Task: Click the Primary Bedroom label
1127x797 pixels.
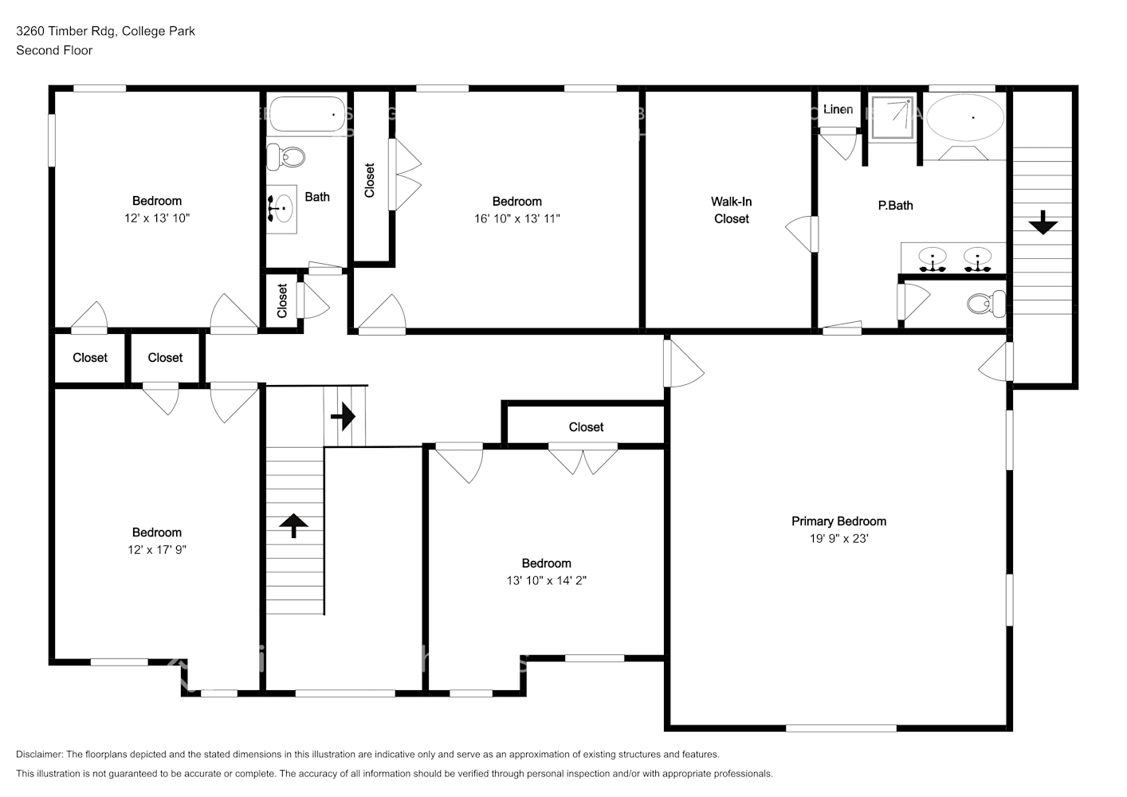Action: pyautogui.click(x=838, y=521)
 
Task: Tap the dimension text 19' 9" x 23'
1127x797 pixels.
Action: pyautogui.click(x=838, y=539)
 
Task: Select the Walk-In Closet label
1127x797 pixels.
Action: pyautogui.click(x=731, y=210)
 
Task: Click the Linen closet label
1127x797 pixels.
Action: pyautogui.click(x=838, y=109)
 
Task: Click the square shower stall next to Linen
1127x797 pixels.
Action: pyautogui.click(x=892, y=118)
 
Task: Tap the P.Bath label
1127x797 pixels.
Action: pyautogui.click(x=895, y=206)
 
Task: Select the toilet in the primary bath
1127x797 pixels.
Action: pyautogui.click(x=986, y=303)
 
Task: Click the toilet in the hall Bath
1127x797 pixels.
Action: pyautogui.click(x=287, y=156)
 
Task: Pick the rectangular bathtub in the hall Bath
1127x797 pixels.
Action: pyautogui.click(x=307, y=115)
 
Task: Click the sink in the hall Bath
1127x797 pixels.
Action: pyautogui.click(x=281, y=210)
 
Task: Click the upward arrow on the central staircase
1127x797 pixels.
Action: pyautogui.click(x=294, y=525)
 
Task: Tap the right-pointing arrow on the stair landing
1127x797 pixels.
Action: pyautogui.click(x=344, y=415)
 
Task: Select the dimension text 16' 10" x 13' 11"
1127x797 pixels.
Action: pyautogui.click(x=516, y=219)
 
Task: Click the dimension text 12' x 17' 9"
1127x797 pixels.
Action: pyautogui.click(x=157, y=550)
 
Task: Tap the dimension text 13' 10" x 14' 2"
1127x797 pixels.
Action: pyautogui.click(x=546, y=581)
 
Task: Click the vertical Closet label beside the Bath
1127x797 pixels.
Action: pyautogui.click(x=370, y=180)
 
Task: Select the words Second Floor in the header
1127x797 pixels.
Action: pyautogui.click(x=54, y=50)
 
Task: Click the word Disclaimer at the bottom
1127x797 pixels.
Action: pyautogui.click(x=39, y=754)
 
